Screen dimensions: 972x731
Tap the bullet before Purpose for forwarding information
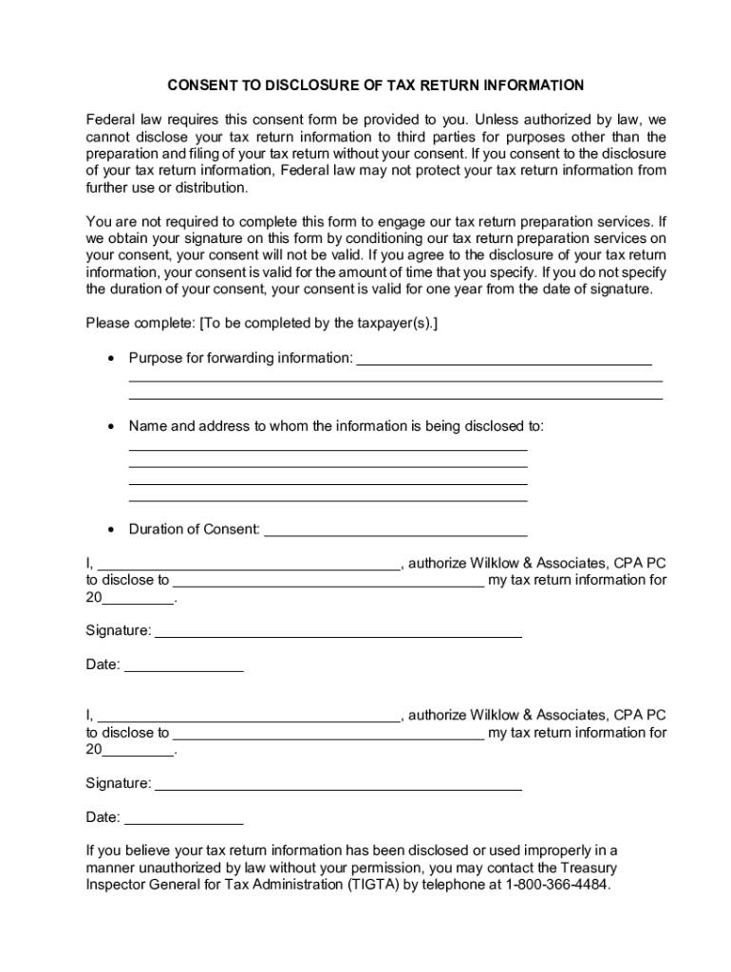(112, 359)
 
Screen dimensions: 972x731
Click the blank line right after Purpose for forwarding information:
(503, 362)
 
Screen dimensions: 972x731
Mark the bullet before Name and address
(112, 427)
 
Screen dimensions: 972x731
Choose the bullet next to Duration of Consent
(112, 530)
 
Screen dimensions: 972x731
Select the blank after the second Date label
(183, 821)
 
